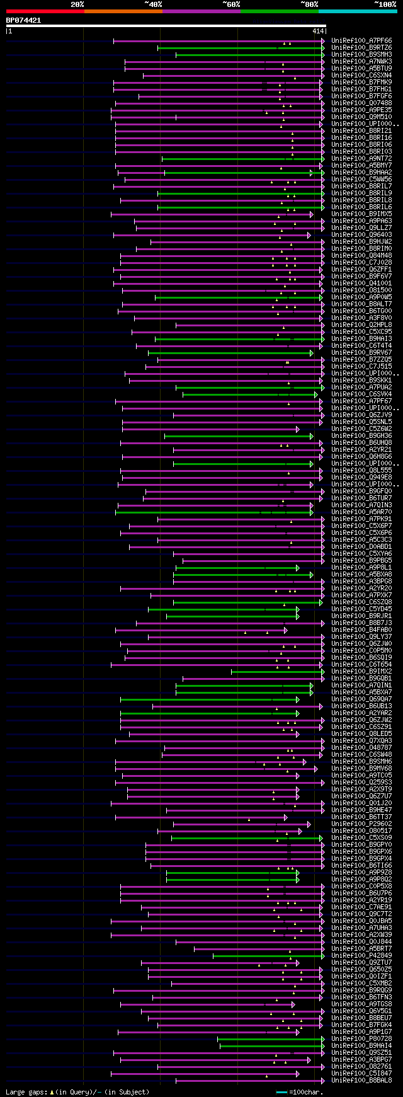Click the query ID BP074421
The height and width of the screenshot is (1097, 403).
tap(23, 20)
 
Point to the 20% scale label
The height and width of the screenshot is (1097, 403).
tap(77, 4)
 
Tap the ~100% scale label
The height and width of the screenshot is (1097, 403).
tap(385, 4)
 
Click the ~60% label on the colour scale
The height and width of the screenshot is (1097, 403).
tap(231, 4)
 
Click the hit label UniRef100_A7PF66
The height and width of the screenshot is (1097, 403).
tap(361, 41)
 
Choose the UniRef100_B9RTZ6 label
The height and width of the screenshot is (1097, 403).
tap(361, 48)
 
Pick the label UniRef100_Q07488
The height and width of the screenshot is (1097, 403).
tap(361, 103)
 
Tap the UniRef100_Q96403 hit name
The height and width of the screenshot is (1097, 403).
tap(361, 235)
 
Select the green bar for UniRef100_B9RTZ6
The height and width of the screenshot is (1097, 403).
tap(239, 48)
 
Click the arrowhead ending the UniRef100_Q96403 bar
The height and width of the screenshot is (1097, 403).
tap(309, 235)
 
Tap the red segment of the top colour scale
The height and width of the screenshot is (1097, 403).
tap(45, 11)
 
